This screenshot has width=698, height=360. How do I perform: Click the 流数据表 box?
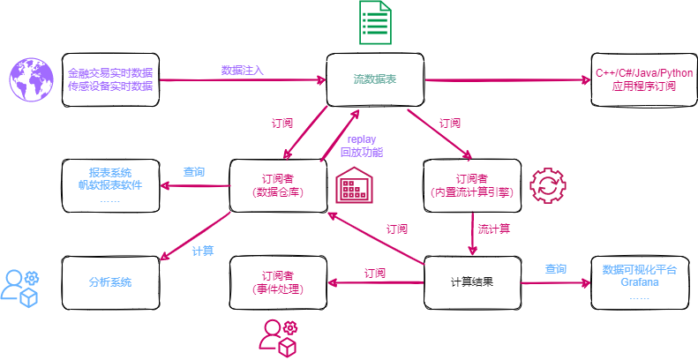(x=375, y=80)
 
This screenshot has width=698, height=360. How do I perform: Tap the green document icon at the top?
(x=375, y=24)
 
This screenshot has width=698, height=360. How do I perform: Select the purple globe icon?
(x=29, y=79)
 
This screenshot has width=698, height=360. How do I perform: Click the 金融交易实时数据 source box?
(x=110, y=79)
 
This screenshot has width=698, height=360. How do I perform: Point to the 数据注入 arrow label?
(x=242, y=70)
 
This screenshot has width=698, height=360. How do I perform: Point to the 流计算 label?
(x=494, y=229)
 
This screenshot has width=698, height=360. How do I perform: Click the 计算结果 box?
(x=471, y=282)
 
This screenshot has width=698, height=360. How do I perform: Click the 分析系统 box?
(x=110, y=282)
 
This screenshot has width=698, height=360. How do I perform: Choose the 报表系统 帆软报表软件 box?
(x=110, y=184)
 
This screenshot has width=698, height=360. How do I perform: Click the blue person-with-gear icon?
(x=20, y=284)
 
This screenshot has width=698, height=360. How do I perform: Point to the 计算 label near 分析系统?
(x=202, y=251)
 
